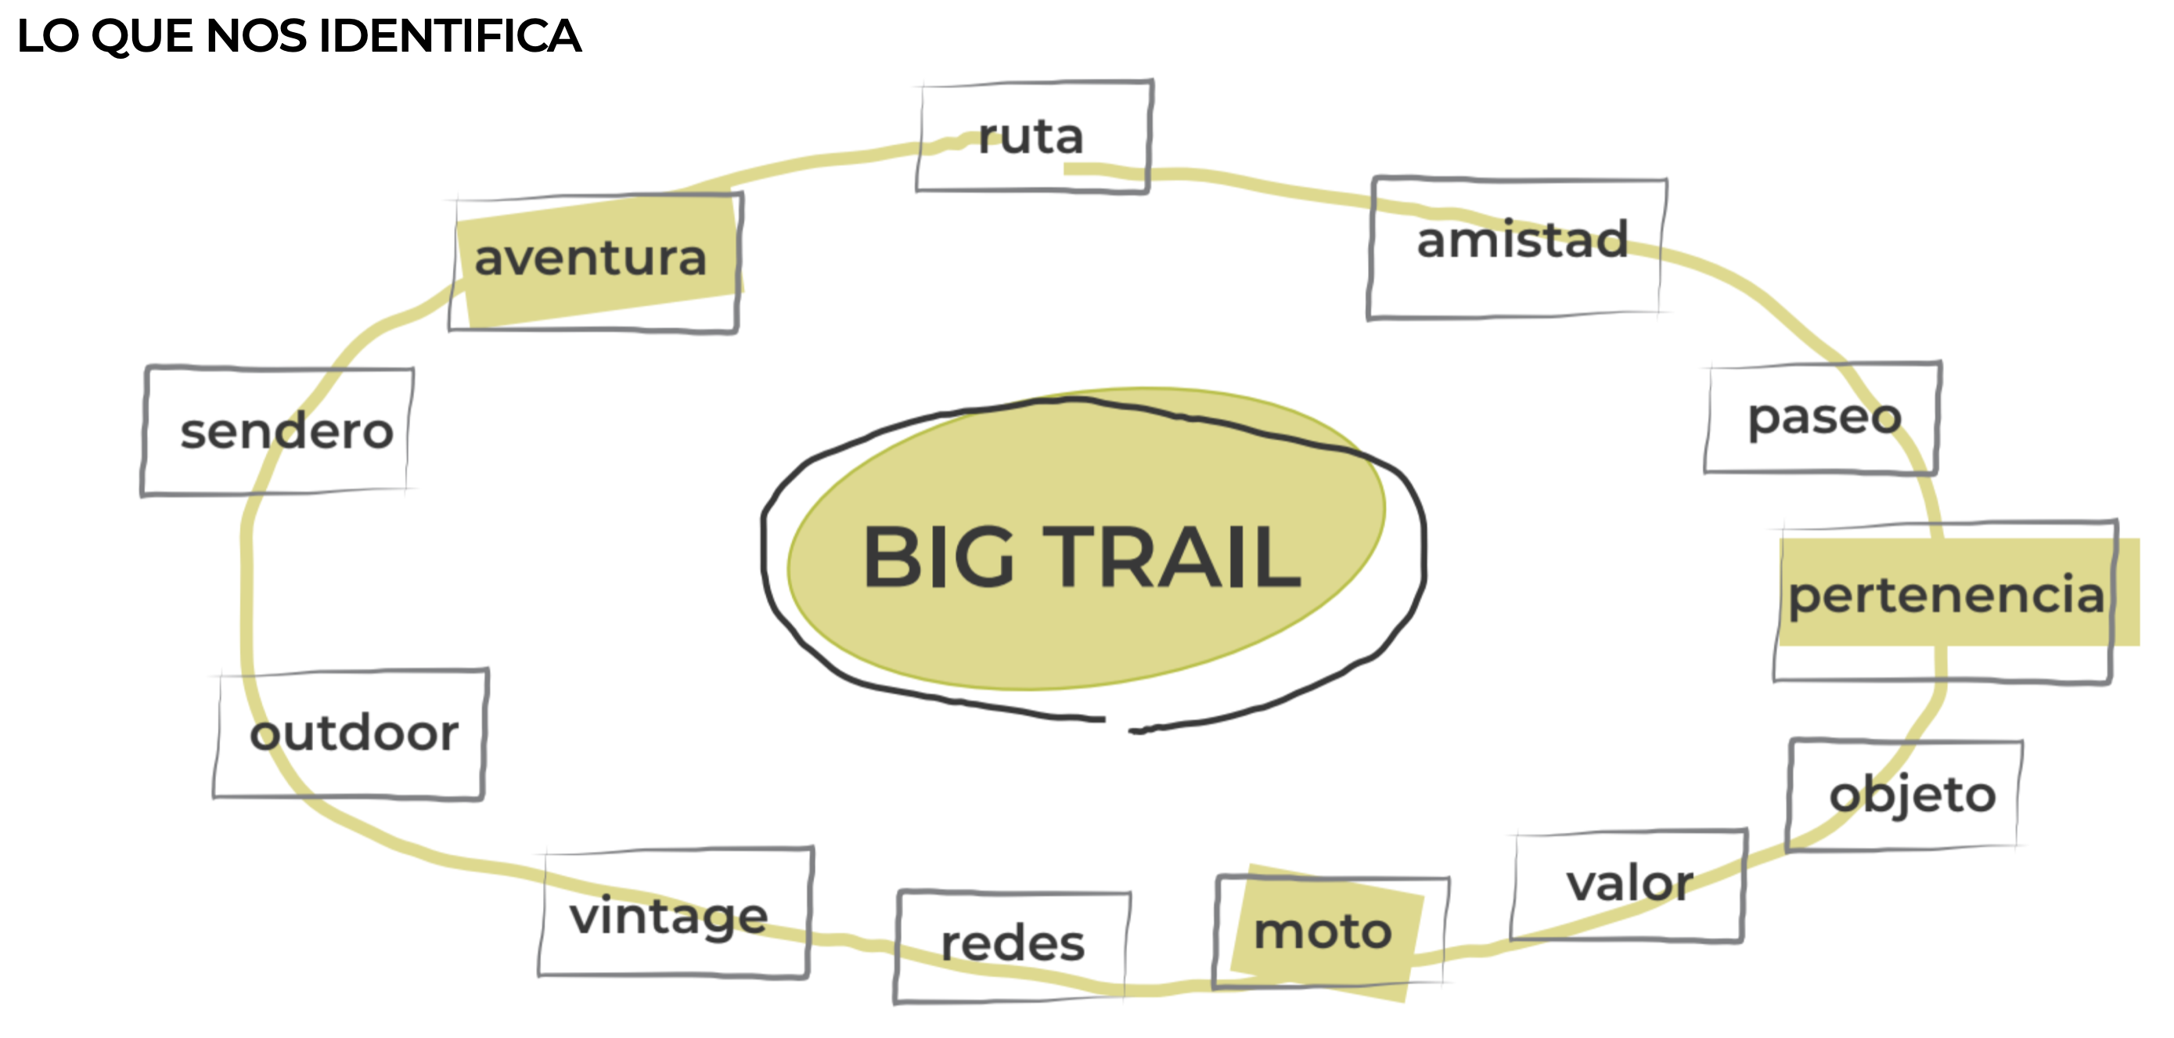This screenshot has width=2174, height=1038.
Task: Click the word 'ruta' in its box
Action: [x=1031, y=137]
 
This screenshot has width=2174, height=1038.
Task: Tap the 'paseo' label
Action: [x=1823, y=418]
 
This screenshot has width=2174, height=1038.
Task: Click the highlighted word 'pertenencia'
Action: [x=1946, y=595]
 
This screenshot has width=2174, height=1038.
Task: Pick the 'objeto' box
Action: [x=1912, y=796]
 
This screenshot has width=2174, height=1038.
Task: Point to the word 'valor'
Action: [x=1629, y=885]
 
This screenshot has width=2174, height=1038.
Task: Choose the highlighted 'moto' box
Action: [x=1323, y=932]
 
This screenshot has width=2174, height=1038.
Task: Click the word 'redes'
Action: [x=1012, y=943]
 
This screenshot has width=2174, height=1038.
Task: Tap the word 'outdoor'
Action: [x=354, y=733]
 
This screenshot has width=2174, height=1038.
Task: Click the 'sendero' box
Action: [x=286, y=431]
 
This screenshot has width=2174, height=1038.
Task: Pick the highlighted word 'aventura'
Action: [x=590, y=258]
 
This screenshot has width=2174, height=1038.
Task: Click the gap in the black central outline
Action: [x=1118, y=724]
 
